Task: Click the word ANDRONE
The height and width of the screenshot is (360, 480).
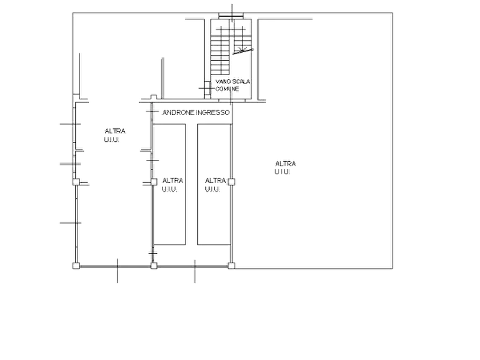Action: (x=178, y=113)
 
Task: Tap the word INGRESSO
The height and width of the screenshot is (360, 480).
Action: (x=213, y=113)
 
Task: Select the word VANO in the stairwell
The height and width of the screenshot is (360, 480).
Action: (x=223, y=82)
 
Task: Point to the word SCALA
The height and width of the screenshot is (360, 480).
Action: (x=241, y=82)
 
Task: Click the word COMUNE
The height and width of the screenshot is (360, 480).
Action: (x=227, y=89)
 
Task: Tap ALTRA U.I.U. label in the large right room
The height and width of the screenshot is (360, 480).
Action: (x=285, y=168)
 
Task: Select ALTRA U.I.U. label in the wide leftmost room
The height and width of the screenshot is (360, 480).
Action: (x=114, y=135)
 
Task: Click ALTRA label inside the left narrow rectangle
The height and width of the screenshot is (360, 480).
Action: (x=173, y=181)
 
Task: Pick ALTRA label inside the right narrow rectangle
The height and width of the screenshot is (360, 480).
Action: (x=215, y=181)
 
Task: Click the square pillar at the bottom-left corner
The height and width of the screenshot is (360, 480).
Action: (x=76, y=266)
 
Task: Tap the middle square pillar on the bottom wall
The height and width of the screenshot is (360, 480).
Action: (x=154, y=266)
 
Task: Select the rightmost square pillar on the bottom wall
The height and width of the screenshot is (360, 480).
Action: (x=232, y=266)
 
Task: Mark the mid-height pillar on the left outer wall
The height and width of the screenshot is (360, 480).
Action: (x=76, y=182)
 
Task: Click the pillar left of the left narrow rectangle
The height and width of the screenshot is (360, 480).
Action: (x=154, y=182)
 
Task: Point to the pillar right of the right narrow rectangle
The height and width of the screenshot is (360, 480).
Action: (x=232, y=182)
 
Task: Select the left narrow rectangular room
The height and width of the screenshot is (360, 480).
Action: (x=169, y=184)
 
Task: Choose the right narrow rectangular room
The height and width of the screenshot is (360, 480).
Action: (x=214, y=184)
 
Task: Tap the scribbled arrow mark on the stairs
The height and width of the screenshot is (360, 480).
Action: (x=243, y=51)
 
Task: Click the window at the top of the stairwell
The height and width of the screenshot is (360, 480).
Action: (x=231, y=16)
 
